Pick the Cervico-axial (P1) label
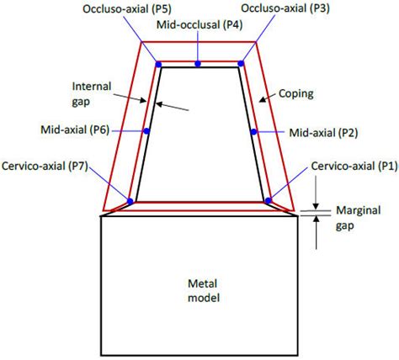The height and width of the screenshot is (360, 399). [x=353, y=166]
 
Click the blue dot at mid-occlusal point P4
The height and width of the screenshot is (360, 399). [x=197, y=64]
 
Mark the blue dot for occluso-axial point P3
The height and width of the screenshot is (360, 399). [x=241, y=64]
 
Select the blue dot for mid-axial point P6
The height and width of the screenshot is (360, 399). [x=146, y=131]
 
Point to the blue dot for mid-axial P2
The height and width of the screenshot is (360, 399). [x=253, y=131]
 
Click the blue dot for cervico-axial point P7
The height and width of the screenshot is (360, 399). [x=130, y=200]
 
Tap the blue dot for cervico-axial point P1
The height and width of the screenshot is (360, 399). [x=268, y=200]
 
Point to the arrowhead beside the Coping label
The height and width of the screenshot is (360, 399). [x=259, y=103]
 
